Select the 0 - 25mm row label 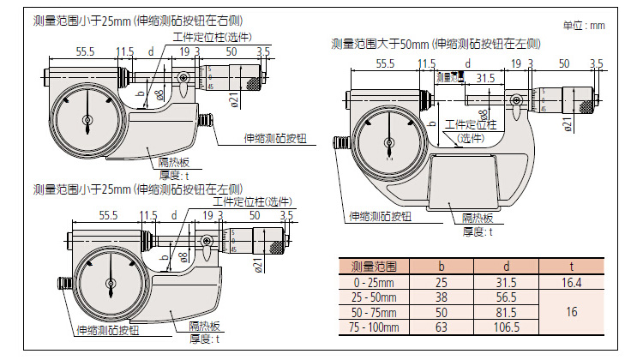coord(375,280)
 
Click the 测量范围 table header coord(375,265)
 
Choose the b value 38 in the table coord(442,296)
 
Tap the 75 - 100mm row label coord(375,327)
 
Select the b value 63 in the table coord(442,327)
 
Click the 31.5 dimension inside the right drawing coord(486,77)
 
